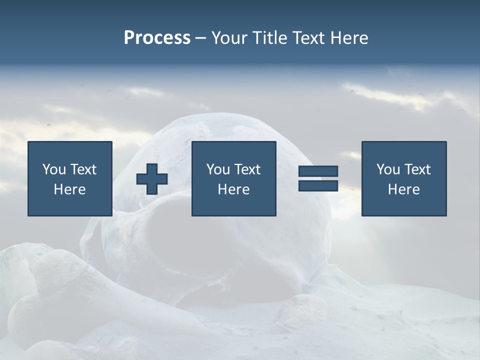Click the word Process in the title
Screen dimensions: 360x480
[x=157, y=38]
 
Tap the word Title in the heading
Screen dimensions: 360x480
[x=268, y=38]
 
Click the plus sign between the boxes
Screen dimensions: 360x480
[x=152, y=179]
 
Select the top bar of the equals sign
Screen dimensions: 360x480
[x=318, y=171]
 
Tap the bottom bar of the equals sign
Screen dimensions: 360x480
[x=318, y=186]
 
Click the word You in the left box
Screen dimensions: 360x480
[x=54, y=169]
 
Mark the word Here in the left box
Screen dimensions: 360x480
[x=69, y=189]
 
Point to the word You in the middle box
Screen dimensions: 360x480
[x=218, y=169]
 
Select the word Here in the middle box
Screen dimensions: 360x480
[x=233, y=189]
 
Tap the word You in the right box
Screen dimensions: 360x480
[x=388, y=169]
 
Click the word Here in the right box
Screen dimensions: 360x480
[x=403, y=189]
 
